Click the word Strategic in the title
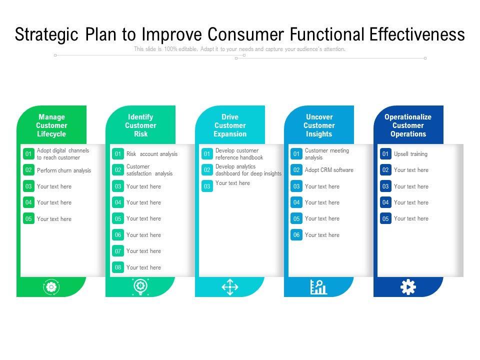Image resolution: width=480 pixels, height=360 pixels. click(x=47, y=34)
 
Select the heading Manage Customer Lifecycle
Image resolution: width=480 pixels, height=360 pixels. click(x=51, y=125)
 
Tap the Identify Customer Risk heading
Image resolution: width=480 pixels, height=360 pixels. click(x=140, y=125)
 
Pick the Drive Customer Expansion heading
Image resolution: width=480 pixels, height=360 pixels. click(x=230, y=125)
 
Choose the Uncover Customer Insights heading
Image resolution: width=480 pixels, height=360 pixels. click(x=319, y=125)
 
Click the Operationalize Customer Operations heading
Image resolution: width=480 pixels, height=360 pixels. click(x=408, y=125)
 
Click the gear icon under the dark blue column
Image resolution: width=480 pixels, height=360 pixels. click(x=408, y=287)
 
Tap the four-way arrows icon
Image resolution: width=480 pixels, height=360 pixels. click(x=230, y=287)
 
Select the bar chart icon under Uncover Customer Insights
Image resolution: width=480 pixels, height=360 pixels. click(x=318, y=287)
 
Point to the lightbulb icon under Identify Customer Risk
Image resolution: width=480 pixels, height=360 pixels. click(x=140, y=287)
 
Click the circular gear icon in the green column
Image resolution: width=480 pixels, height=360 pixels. click(x=51, y=287)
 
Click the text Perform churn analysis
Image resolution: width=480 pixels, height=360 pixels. click(x=64, y=170)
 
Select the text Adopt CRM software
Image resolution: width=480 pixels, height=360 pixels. click(x=329, y=170)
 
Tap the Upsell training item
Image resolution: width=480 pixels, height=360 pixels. click(x=410, y=154)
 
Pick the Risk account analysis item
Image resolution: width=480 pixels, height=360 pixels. click(x=152, y=154)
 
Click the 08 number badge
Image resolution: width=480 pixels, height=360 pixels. click(x=118, y=267)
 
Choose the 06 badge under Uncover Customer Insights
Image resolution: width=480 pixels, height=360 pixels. click(x=296, y=235)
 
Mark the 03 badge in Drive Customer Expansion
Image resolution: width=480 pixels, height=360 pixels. click(x=207, y=186)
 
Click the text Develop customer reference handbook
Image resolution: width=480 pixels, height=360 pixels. click(x=239, y=154)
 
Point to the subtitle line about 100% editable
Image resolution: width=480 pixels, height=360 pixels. click(x=239, y=49)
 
